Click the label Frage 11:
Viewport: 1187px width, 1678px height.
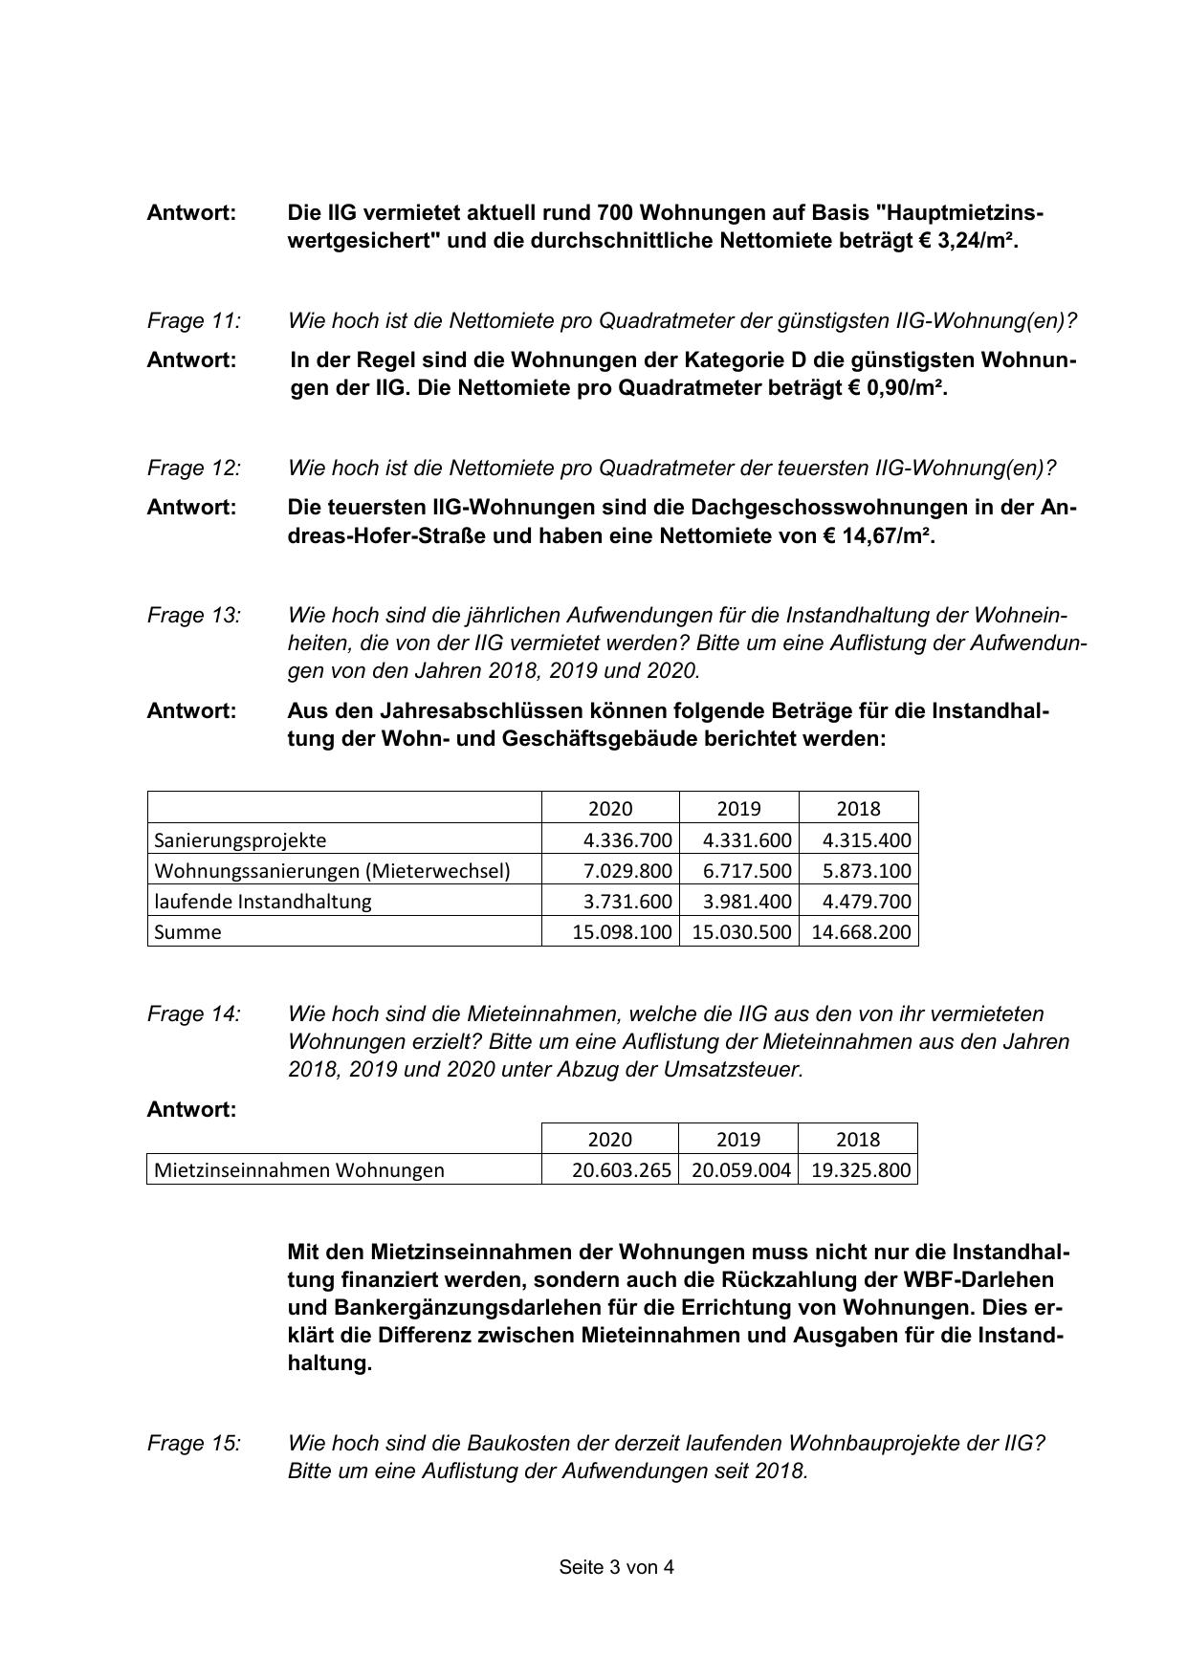pos(194,321)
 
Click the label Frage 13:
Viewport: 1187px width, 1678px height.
pos(194,616)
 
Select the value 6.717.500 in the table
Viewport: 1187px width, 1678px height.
pos(747,871)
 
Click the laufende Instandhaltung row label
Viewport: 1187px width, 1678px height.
pos(263,902)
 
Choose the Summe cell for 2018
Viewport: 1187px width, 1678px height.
pos(861,932)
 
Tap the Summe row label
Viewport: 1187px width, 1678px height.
pos(187,932)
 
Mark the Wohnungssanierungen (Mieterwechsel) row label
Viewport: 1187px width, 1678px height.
pos(332,871)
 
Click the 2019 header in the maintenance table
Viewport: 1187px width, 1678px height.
pos(738,809)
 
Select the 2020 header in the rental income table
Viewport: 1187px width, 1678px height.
pos(609,1140)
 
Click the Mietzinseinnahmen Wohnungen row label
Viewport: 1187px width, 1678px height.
pos(299,1170)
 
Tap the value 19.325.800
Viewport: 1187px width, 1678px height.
pos(861,1170)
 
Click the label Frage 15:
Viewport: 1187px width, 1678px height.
pos(194,1444)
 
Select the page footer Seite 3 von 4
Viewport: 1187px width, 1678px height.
pos(616,1568)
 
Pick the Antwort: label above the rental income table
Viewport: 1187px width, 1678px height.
pos(191,1110)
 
